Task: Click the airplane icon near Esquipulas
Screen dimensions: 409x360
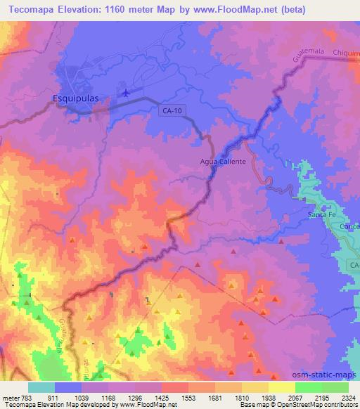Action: pos(126,92)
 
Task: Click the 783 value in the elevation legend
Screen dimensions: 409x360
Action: pos(20,398)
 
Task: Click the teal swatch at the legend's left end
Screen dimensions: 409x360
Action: pos(41,387)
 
